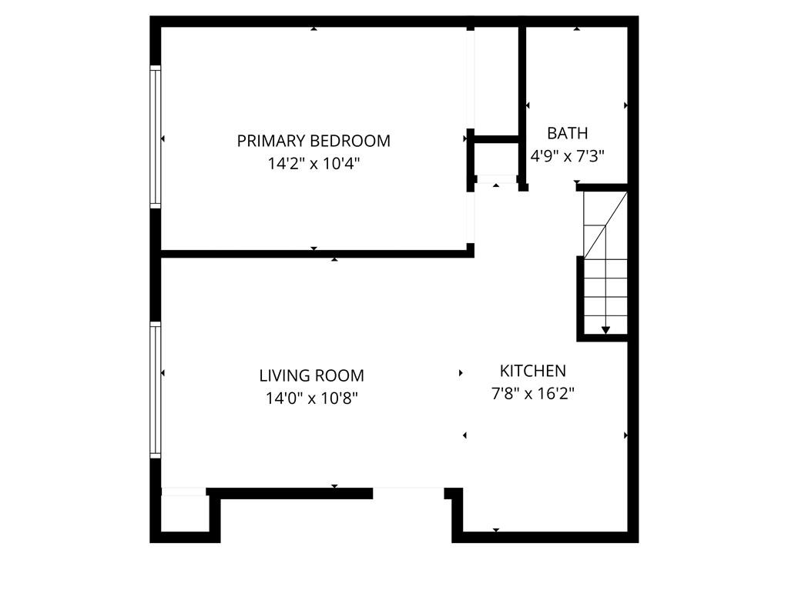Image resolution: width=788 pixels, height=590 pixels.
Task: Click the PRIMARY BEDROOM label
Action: tap(314, 141)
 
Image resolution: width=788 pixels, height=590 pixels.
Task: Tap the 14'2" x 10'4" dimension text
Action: tap(314, 163)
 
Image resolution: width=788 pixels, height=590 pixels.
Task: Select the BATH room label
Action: tap(568, 133)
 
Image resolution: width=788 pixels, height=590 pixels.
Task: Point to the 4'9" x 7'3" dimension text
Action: tap(568, 155)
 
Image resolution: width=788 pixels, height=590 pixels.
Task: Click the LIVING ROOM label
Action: tap(311, 376)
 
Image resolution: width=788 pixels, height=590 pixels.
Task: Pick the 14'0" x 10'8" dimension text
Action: tap(311, 398)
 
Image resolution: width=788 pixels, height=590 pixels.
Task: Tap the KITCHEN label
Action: tap(533, 371)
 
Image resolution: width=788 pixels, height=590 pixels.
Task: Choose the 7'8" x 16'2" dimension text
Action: tap(533, 394)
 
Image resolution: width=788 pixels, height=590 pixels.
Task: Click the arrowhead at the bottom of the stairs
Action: tap(605, 330)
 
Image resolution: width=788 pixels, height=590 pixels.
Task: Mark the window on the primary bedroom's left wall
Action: tap(156, 137)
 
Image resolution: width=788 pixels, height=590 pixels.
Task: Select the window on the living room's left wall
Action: tap(156, 390)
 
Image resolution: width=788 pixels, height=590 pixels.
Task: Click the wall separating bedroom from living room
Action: tap(316, 254)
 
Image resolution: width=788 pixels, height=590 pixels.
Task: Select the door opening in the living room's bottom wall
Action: tap(408, 492)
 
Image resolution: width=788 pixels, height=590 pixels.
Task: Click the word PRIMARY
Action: tap(270, 141)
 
